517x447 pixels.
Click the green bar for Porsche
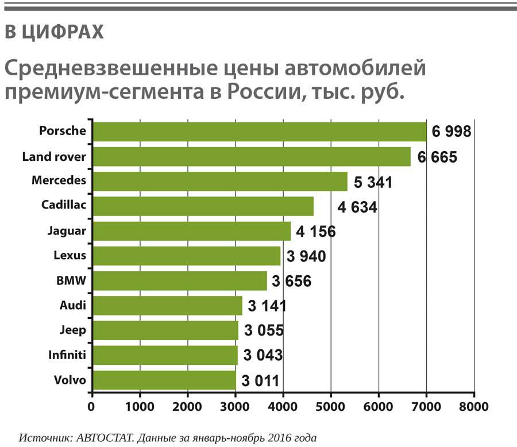pyautogui.click(x=259, y=132)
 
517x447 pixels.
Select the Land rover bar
pyautogui.click(x=251, y=156)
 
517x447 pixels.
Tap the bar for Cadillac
pyautogui.click(x=203, y=206)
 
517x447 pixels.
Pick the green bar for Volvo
pyautogui.click(x=164, y=380)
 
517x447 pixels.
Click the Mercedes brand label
pyautogui.click(x=59, y=180)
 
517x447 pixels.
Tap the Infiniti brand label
pyautogui.click(x=67, y=355)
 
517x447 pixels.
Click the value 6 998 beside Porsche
pyautogui.click(x=452, y=132)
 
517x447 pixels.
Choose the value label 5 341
pyautogui.click(x=373, y=183)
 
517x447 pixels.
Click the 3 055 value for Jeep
pyautogui.click(x=264, y=331)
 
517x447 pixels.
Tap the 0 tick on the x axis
pyautogui.click(x=91, y=407)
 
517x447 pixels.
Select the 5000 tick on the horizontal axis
pyautogui.click(x=331, y=407)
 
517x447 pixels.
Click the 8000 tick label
pyautogui.click(x=473, y=407)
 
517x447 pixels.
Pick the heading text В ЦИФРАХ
pyautogui.click(x=54, y=33)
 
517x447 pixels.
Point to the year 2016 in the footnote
pyautogui.click(x=264, y=438)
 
